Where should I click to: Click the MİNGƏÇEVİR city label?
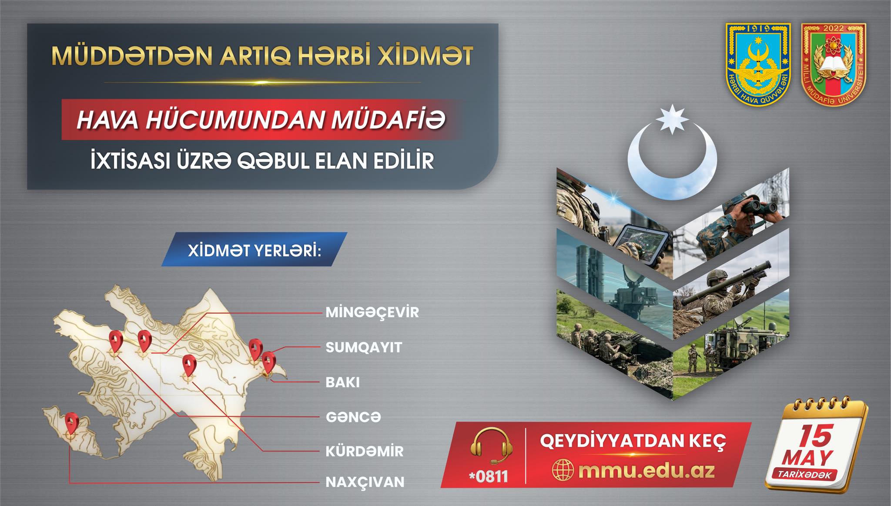(372, 312)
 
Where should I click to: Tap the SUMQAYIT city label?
(364, 347)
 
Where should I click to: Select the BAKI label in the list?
(343, 382)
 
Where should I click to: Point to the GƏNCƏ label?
(353, 417)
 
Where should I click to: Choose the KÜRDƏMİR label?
(365, 451)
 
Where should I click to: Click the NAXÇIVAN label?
(365, 482)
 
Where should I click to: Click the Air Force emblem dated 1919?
(758, 64)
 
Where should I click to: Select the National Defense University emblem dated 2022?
(834, 64)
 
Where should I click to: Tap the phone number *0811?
(489, 476)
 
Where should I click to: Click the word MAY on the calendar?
(807, 458)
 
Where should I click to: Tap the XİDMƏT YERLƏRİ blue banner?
(254, 250)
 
